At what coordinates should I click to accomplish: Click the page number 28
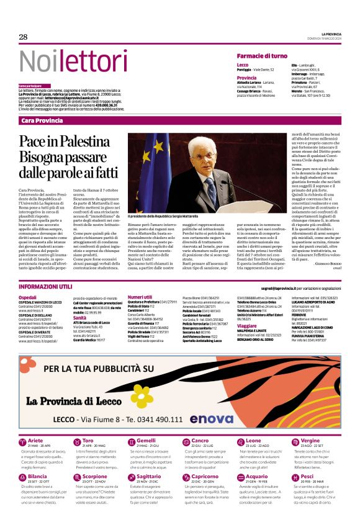(24, 37)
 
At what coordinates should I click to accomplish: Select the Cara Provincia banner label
(42, 120)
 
